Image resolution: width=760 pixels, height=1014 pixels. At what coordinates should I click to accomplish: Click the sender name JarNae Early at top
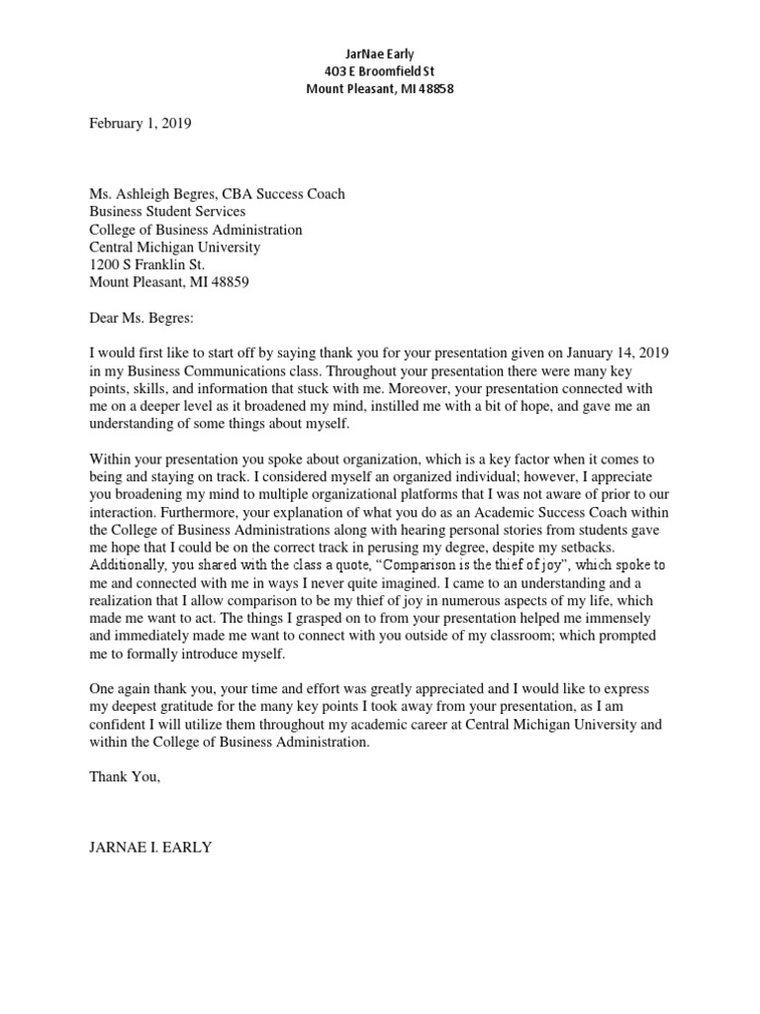pos(379,52)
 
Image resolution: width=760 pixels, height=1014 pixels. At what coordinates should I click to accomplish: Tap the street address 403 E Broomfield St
pos(379,70)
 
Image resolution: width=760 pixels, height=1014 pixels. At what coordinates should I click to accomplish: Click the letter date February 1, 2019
pos(140,124)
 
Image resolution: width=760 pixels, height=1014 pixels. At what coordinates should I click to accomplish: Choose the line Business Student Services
pos(167,212)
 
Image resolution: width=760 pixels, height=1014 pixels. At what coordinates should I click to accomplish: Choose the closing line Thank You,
pos(124,777)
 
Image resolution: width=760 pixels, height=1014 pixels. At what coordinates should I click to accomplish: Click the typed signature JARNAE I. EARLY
pos(150,848)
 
